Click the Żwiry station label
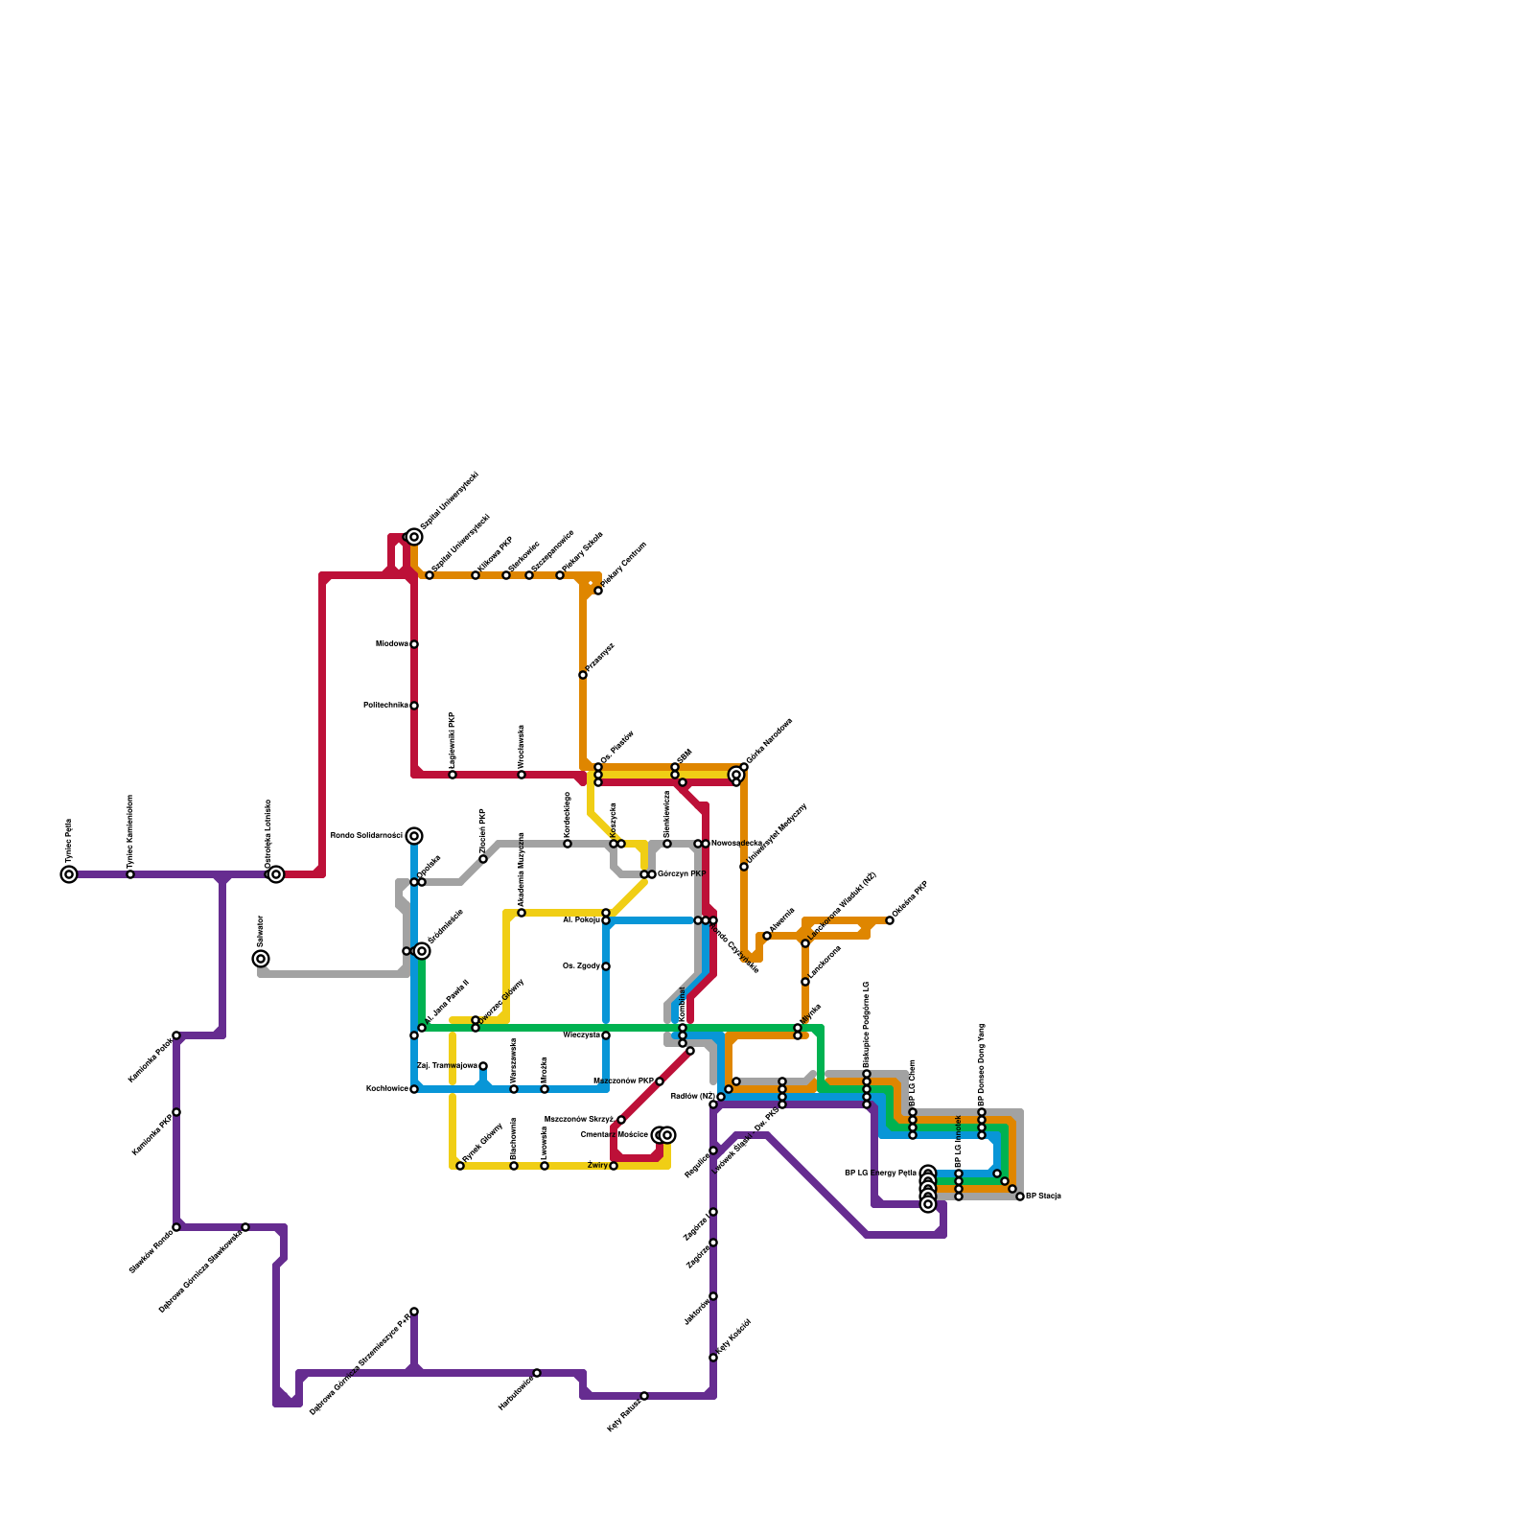pyautogui.click(x=597, y=1166)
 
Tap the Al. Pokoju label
pyautogui.click(x=581, y=920)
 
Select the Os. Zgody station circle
pyautogui.click(x=606, y=966)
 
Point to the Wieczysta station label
pyautogui.click(x=581, y=1035)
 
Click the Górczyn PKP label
pyautogui.click(x=682, y=874)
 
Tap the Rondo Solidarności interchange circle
pyautogui.click(x=414, y=836)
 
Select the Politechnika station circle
pyautogui.click(x=414, y=706)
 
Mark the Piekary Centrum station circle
pyautogui.click(x=598, y=591)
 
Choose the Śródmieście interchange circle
pyautogui.click(x=422, y=951)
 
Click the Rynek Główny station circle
pyautogui.click(x=460, y=1166)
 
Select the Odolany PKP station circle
pyautogui.click(x=890, y=920)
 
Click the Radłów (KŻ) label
pyautogui.click(x=692, y=1096)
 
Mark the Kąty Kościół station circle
pyautogui.click(x=713, y=1358)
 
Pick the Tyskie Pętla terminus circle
pyautogui.click(x=69, y=874)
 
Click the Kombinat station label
pyautogui.click(x=682, y=1004)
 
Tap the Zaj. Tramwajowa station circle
pyautogui.click(x=483, y=1066)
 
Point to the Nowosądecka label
pyautogui.click(x=736, y=844)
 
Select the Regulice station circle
pyautogui.click(x=713, y=1150)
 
